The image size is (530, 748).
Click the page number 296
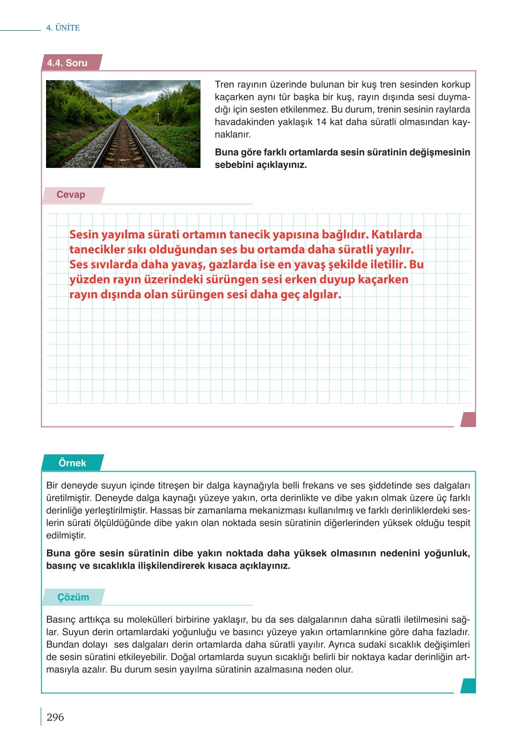pos(55,717)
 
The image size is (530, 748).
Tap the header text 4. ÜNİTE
pos(63,28)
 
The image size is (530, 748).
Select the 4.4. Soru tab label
pos(68,63)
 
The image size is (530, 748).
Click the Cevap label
pos(71,194)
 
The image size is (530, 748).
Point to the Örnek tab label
pos(72,463)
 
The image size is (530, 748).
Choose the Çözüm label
pos(73,597)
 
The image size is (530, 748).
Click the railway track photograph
pos(123,124)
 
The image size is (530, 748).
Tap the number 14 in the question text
pos(321,122)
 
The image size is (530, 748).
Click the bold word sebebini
pos(235,165)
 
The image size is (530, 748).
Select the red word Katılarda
pos(397,235)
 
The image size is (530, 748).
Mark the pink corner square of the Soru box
pos(468,419)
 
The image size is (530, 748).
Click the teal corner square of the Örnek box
pos(468,686)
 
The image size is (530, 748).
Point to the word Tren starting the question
pos(224,84)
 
